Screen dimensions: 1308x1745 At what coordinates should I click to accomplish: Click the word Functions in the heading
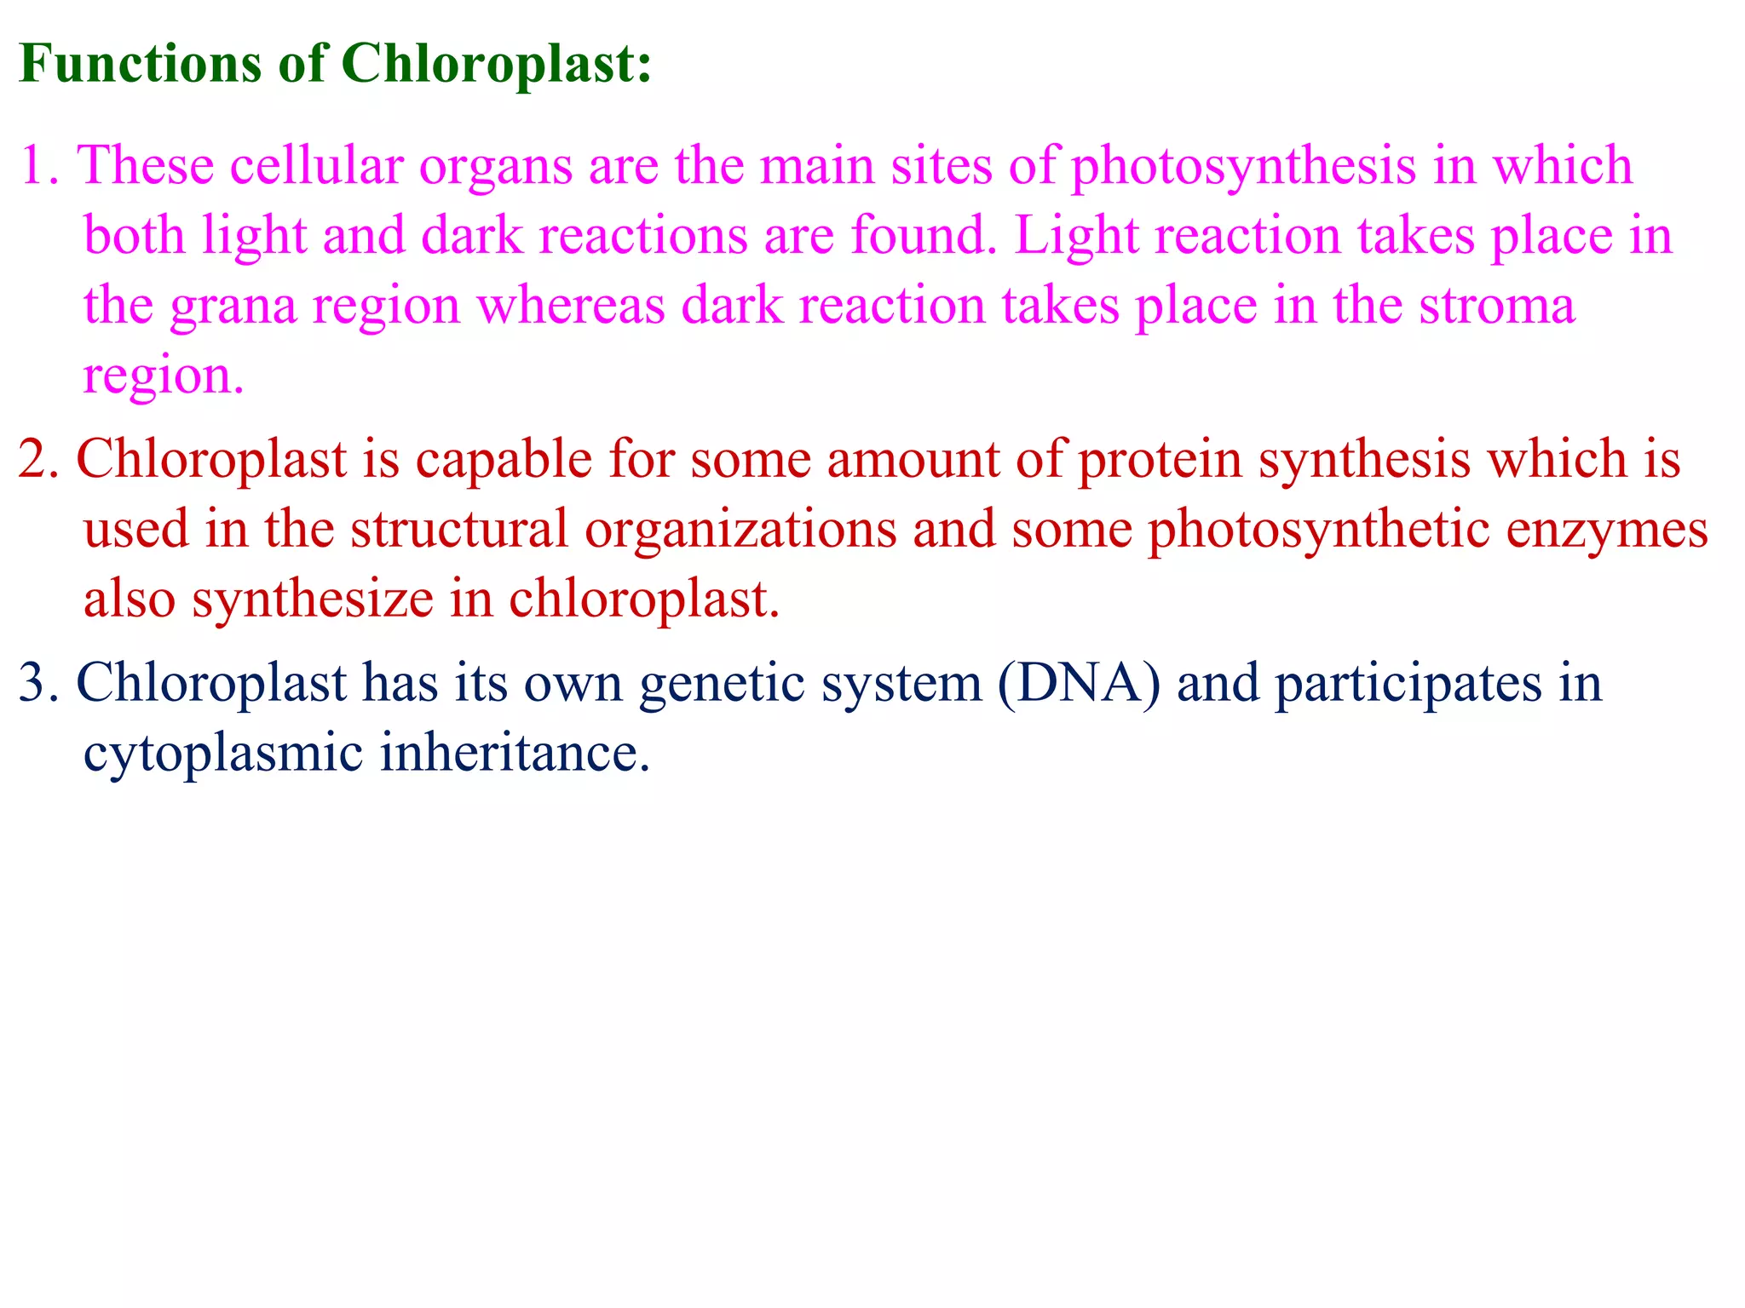point(140,63)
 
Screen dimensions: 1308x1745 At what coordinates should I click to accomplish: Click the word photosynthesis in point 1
point(1243,167)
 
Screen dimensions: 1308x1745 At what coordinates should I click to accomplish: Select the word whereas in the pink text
point(570,307)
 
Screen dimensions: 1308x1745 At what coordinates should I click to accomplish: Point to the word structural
point(459,530)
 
